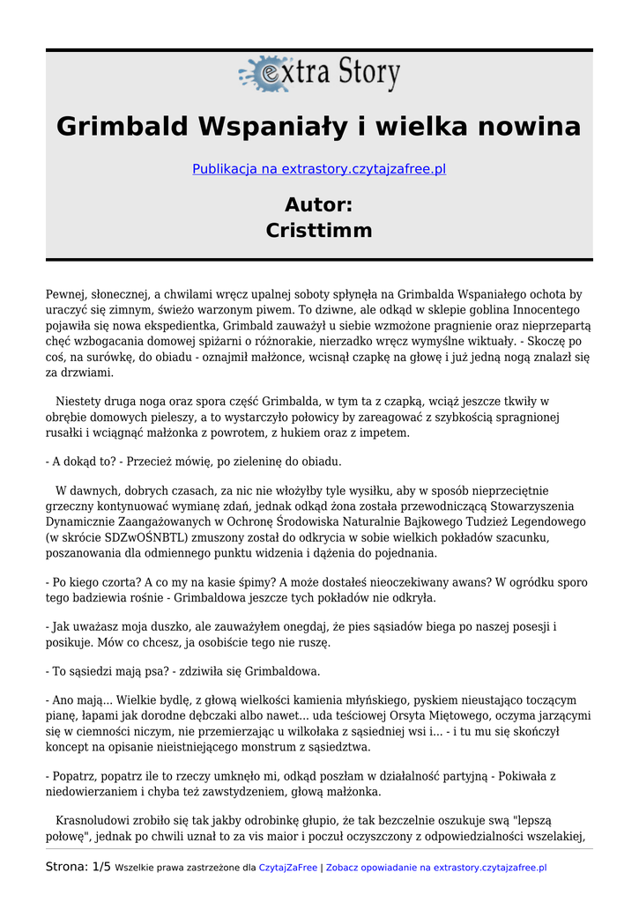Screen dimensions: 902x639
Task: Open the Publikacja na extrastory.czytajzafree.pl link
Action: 319,169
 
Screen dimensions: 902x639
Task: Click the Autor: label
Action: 319,205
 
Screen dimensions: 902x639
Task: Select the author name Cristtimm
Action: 319,231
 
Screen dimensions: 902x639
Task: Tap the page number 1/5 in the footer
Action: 100,867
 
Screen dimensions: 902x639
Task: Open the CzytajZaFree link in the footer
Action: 287,868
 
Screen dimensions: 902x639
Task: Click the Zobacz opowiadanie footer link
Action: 436,868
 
